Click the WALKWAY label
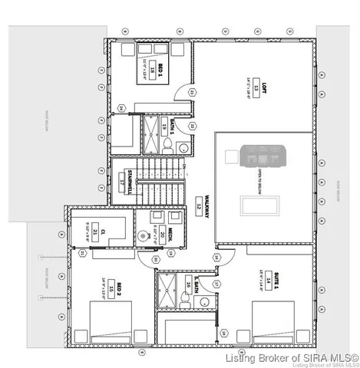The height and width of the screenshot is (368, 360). (x=197, y=202)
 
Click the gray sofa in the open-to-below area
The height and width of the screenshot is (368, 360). (x=263, y=156)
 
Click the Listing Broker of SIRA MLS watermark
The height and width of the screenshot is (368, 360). (x=288, y=357)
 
